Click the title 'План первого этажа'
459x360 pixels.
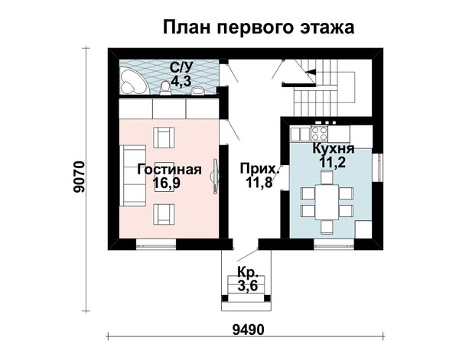click(x=259, y=28)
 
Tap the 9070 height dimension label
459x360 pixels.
click(x=80, y=177)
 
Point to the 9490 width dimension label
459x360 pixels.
click(x=249, y=330)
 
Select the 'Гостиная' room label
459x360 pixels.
click(x=169, y=170)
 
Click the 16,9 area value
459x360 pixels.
click(x=166, y=183)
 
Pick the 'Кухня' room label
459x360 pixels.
click(x=334, y=148)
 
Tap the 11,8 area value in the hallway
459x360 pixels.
click(x=259, y=183)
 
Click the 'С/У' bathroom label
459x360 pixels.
click(x=181, y=68)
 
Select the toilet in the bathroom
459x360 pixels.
click(x=165, y=88)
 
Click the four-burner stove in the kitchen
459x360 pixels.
click(x=319, y=134)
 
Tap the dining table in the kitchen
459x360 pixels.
click(x=327, y=202)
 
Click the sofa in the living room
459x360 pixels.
click(x=132, y=176)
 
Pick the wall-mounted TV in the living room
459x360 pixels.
click(x=216, y=176)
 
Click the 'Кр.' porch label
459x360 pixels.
click(x=248, y=272)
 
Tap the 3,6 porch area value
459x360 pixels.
click(x=248, y=285)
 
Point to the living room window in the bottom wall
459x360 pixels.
click(x=156, y=244)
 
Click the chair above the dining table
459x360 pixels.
click(x=327, y=177)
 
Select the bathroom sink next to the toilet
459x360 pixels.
click(x=199, y=90)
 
